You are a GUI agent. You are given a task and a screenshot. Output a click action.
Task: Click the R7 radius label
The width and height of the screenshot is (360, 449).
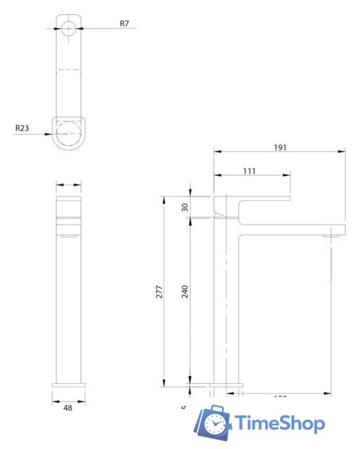tap(124, 24)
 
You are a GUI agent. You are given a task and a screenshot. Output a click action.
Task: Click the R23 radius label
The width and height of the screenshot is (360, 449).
tap(23, 128)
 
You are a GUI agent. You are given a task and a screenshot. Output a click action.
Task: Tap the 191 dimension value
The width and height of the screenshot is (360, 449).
tap(281, 147)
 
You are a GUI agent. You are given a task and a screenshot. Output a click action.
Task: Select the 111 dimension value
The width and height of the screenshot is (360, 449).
tap(250, 170)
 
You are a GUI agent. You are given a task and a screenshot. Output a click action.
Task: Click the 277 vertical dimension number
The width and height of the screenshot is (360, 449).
tap(159, 291)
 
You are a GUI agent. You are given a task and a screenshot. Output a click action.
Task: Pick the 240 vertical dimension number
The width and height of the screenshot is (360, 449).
tap(185, 291)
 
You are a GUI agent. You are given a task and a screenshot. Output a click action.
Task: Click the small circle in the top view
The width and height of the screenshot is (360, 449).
tap(69, 28)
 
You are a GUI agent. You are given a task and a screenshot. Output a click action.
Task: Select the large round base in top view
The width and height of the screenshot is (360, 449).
tap(69, 131)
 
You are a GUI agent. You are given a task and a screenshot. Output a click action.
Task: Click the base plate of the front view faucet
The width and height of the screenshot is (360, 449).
tap(69, 384)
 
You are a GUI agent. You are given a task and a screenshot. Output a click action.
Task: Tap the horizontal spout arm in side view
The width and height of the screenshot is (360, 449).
tap(295, 229)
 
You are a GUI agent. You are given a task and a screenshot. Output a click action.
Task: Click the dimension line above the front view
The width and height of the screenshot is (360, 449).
tap(69, 185)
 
